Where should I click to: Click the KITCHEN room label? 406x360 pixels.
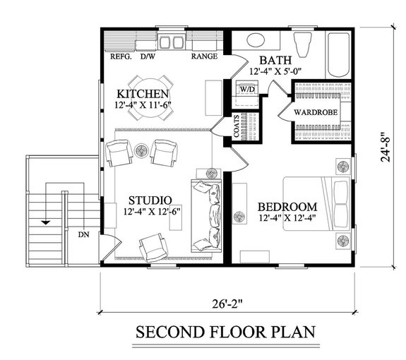click(143, 94)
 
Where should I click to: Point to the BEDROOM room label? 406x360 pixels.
click(287, 206)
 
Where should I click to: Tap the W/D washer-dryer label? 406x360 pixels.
click(246, 90)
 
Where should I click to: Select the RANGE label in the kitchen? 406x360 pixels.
click(203, 56)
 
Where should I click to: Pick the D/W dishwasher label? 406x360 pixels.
click(148, 56)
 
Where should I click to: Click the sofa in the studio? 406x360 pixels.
click(205, 215)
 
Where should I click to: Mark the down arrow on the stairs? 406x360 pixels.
click(47, 222)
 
